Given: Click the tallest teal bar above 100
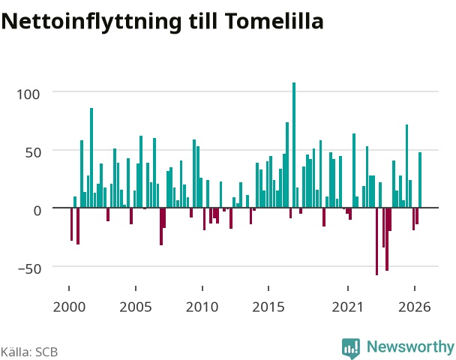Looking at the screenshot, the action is coord(294,145).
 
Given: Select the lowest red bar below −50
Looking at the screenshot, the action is coord(377,241).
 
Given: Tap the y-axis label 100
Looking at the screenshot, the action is coord(28,94).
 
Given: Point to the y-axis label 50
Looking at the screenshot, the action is coord(32,153).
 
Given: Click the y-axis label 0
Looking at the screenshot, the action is coord(37,211).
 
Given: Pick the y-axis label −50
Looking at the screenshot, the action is coord(30,269).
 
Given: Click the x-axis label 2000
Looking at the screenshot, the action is coord(69,307).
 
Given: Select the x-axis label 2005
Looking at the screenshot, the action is coord(136,307).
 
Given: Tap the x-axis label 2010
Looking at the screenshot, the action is coord(202,307).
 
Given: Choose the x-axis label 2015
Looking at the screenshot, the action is coord(268,307).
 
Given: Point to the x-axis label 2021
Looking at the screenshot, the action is coord(348,307).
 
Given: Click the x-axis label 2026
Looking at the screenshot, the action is coord(415,307).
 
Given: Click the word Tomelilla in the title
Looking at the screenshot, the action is coord(274,21).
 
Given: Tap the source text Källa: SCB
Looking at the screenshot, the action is coord(29,352).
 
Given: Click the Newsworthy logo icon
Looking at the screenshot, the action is coord(351,348).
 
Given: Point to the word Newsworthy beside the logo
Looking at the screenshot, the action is coord(410,347).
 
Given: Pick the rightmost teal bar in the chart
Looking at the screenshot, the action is coord(420,180).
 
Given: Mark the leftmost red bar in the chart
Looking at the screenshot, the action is coord(71,224).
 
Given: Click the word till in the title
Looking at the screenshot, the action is coord(202,21).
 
